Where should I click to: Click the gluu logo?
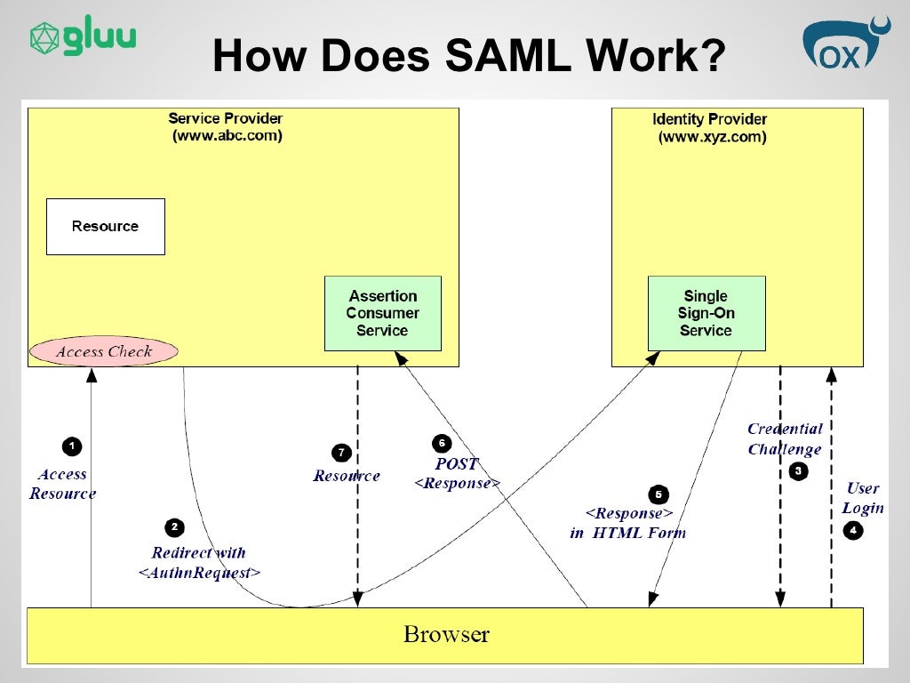(83, 36)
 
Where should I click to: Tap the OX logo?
(846, 44)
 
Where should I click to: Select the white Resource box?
(106, 227)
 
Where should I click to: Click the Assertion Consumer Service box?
(383, 314)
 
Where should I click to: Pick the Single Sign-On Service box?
(706, 314)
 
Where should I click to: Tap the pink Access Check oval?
(104, 351)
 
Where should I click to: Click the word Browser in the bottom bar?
(446, 634)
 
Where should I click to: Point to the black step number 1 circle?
(72, 446)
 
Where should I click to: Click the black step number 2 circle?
(175, 527)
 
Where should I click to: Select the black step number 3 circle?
(799, 471)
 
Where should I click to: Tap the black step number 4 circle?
(853, 530)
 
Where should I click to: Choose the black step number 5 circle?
(659, 494)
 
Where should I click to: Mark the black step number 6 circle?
(443, 444)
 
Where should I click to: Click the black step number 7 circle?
(341, 453)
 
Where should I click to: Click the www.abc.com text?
(227, 136)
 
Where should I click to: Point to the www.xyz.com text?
(712, 137)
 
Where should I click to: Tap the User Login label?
(863, 498)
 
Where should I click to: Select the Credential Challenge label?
(786, 439)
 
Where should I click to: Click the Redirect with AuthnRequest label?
(199, 562)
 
